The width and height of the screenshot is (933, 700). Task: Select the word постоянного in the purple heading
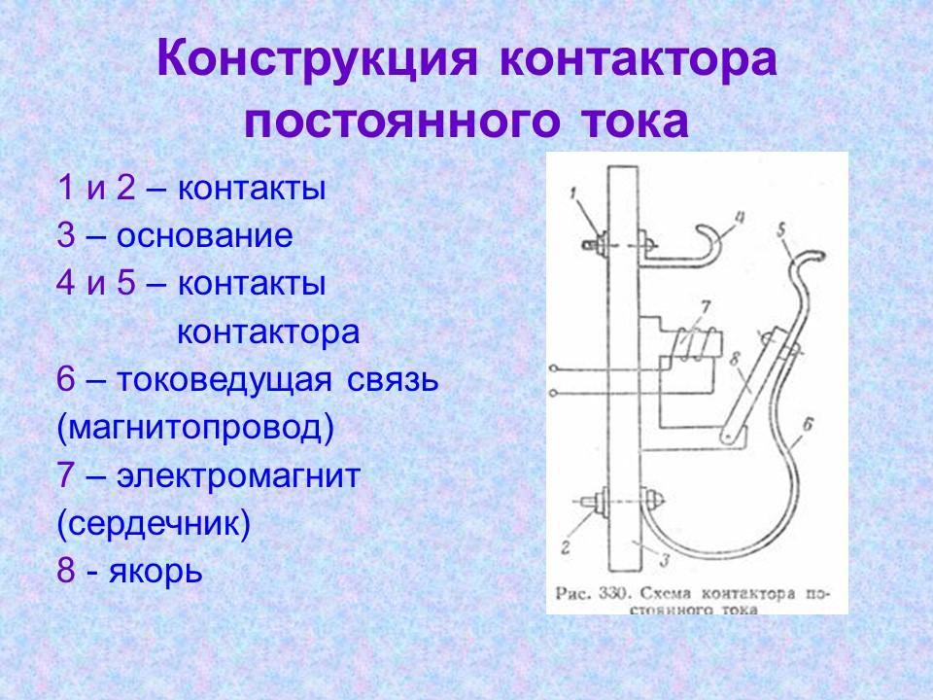(x=392, y=122)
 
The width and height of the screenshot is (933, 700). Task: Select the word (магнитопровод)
(x=195, y=428)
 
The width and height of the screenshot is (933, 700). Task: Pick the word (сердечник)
(x=154, y=524)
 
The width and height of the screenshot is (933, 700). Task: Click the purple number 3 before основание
(x=66, y=236)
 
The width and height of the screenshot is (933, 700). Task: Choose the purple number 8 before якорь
(x=66, y=571)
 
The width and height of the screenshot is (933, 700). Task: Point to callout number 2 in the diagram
(x=566, y=547)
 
